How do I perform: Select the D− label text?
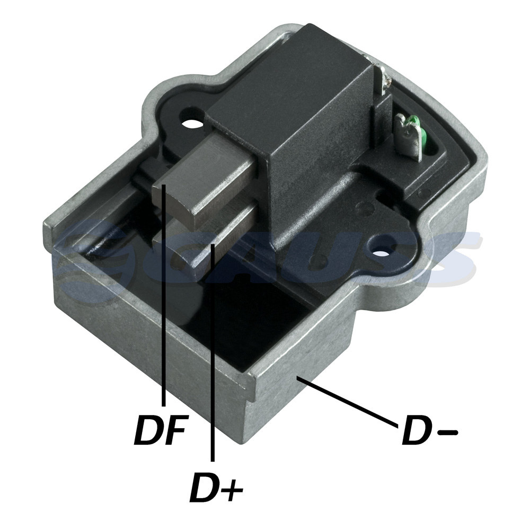pos(430,430)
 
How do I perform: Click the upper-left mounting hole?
pos(192,123)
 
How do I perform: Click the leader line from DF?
pos(164,295)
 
